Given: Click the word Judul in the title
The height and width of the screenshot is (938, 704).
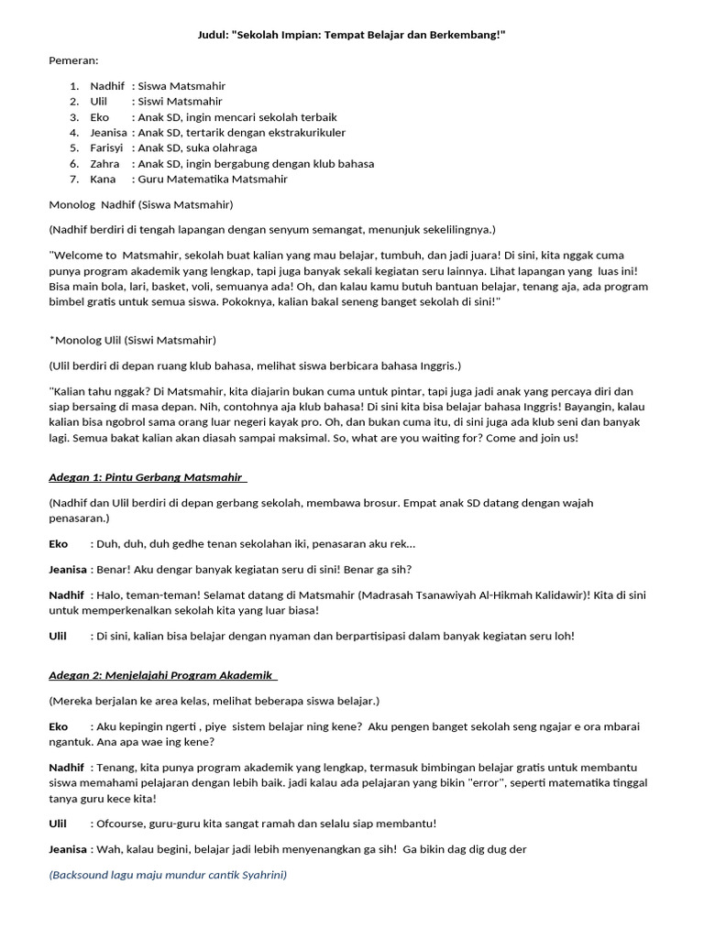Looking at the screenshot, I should coord(214,34).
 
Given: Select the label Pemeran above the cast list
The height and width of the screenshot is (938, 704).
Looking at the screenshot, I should coord(73,60).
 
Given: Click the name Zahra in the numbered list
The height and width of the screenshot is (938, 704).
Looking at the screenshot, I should coord(104,163).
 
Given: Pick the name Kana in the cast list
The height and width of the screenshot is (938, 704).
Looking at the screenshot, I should coord(103,179).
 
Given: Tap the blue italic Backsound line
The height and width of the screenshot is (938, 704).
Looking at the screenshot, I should coord(168,875).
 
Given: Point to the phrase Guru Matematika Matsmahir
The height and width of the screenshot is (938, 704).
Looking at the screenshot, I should coord(212,179).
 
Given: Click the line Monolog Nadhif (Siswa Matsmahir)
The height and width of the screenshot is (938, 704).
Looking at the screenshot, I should coord(140,204).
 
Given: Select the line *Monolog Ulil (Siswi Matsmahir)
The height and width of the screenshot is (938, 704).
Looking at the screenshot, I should coord(133,340).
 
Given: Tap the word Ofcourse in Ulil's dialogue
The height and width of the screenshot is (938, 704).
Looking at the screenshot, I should coord(123,823).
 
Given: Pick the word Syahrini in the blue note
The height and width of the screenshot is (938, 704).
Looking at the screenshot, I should coord(263,875).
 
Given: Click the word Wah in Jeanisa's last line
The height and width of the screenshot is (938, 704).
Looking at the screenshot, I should coord(107,849).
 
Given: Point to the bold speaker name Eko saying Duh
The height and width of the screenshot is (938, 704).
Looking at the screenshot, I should coord(59,543).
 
